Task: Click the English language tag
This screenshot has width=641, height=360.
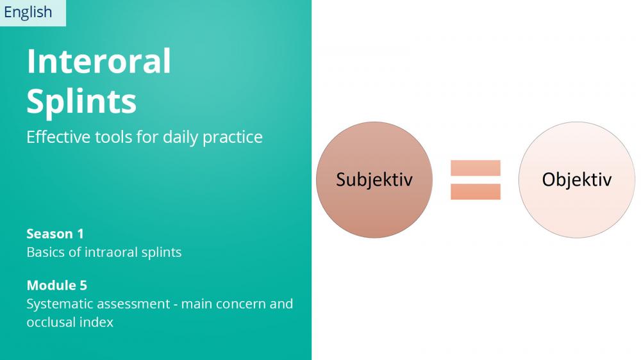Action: [28, 12]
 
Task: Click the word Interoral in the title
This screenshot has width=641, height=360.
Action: [99, 61]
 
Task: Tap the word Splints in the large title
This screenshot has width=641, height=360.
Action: [81, 102]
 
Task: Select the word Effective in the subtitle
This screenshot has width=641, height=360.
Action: [58, 137]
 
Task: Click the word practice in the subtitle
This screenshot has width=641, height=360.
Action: [233, 138]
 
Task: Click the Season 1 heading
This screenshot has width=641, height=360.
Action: [55, 234]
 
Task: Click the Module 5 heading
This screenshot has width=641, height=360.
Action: [57, 285]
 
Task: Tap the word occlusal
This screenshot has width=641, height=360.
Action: [51, 322]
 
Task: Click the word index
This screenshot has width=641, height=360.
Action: [96, 322]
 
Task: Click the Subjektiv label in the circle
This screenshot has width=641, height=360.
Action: [374, 180]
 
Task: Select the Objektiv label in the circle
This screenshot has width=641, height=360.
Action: [577, 180]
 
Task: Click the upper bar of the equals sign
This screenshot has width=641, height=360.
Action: [476, 168]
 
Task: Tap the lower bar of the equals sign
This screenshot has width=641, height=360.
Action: [476, 192]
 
